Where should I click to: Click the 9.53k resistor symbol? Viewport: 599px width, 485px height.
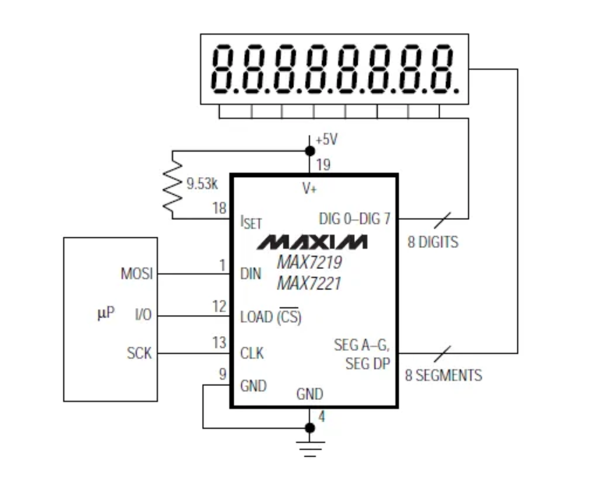coord(172,185)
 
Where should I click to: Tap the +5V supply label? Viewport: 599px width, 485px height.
coord(327,139)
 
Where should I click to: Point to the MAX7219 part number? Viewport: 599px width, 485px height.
coord(310,264)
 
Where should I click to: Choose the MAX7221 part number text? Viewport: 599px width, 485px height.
coord(309,283)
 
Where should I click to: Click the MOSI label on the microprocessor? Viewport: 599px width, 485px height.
coord(137,274)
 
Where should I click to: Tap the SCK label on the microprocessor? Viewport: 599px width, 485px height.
coord(140,353)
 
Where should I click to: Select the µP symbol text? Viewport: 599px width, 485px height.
coord(105,313)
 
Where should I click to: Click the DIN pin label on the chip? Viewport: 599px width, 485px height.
coord(251,274)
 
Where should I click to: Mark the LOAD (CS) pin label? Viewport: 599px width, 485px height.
coord(270,317)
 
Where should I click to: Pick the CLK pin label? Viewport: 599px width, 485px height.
coord(252,353)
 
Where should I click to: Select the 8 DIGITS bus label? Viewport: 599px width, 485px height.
coord(433,242)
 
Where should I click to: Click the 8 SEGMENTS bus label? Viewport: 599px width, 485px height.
coord(443,375)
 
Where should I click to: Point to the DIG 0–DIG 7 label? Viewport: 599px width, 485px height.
coord(354,218)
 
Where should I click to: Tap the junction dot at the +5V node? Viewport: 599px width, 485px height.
coord(310,150)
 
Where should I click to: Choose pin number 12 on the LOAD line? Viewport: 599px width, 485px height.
coord(219,306)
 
